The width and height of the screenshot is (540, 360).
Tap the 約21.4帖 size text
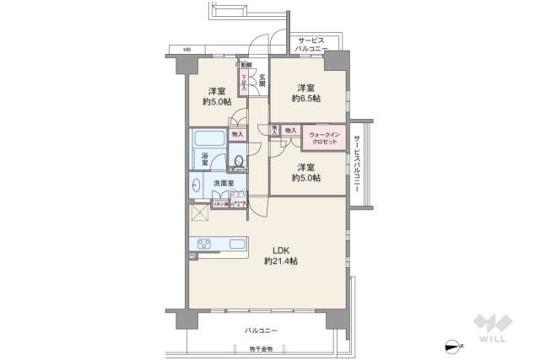tap(281, 261)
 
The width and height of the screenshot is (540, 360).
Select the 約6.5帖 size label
tap(307, 99)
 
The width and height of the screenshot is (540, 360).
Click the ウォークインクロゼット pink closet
tap(324, 138)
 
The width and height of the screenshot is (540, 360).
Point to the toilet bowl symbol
tap(239, 161)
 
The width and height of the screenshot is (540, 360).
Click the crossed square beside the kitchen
tap(202, 212)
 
